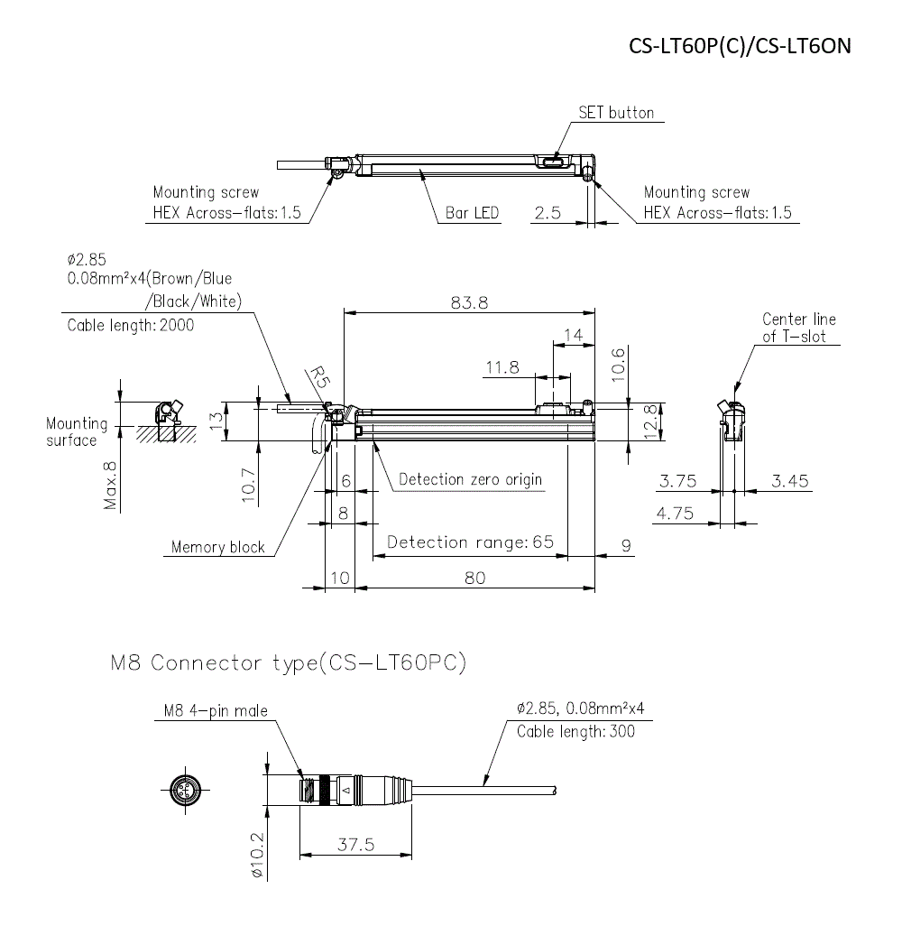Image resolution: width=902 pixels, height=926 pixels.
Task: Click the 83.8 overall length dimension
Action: click(x=469, y=303)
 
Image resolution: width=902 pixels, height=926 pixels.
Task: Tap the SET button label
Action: click(x=616, y=113)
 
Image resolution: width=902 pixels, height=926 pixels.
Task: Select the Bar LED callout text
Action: click(x=473, y=213)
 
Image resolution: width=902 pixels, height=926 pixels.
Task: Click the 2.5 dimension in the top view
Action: click(x=548, y=213)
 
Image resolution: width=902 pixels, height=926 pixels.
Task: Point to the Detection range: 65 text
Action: click(x=470, y=542)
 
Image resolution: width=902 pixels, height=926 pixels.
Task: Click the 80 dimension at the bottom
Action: click(x=474, y=578)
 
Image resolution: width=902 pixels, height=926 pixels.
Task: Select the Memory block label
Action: click(x=218, y=547)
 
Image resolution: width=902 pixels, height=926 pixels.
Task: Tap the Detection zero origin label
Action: click(x=471, y=479)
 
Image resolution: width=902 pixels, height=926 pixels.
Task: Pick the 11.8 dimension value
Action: click(x=502, y=367)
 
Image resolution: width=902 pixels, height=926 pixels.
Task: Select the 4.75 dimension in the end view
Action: click(x=675, y=514)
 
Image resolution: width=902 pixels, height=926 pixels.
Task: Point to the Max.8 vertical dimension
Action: click(x=110, y=486)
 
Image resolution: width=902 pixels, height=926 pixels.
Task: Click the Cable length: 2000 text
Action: click(x=131, y=325)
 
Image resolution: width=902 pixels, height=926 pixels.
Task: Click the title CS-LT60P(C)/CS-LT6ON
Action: click(x=740, y=46)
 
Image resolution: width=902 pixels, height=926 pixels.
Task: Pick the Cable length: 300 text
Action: click(x=575, y=731)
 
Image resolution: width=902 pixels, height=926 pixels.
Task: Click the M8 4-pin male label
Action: click(x=216, y=711)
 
